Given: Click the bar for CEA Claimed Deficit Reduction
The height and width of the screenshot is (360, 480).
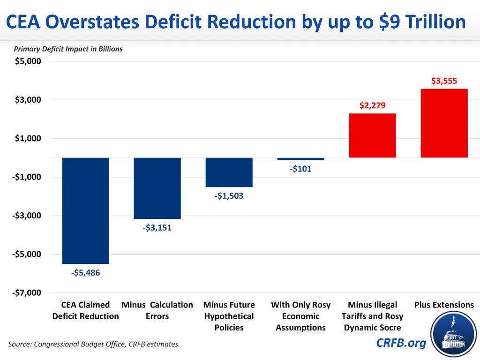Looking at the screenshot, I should tap(85, 210).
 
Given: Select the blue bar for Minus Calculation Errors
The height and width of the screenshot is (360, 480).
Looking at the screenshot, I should tap(157, 188).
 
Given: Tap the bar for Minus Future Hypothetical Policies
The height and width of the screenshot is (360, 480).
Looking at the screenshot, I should tap(229, 172).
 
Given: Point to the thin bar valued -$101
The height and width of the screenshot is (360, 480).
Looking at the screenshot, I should tap(300, 159).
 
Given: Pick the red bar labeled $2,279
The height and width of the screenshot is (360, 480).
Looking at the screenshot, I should tap(372, 135).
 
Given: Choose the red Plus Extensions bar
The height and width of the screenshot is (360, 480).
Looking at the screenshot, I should tap(444, 123).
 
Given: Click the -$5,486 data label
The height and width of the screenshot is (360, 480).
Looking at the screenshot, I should tap(85, 273).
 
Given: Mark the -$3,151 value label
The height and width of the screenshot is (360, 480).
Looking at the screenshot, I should tap(157, 228).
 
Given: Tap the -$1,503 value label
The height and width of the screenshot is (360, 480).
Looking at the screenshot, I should tap(229, 196).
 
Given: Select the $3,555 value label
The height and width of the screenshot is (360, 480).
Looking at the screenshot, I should tap(444, 81).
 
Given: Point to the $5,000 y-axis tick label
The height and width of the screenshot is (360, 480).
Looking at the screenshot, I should tap(28, 61).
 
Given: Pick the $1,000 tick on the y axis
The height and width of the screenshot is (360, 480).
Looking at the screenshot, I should tap(28, 138).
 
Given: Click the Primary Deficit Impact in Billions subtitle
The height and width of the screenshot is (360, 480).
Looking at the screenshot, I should tap(68, 49).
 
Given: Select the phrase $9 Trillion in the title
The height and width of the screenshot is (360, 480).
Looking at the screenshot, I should tap(422, 22).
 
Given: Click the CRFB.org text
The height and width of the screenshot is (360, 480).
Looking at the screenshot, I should tap(401, 343).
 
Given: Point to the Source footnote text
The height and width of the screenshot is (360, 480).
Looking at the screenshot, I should tap(94, 345).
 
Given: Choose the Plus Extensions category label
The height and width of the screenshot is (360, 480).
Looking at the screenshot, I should tap(444, 305).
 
